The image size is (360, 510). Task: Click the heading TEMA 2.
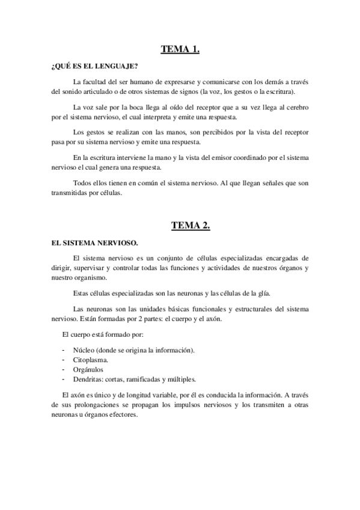[180, 226]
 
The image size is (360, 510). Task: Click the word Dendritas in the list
[88, 379]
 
